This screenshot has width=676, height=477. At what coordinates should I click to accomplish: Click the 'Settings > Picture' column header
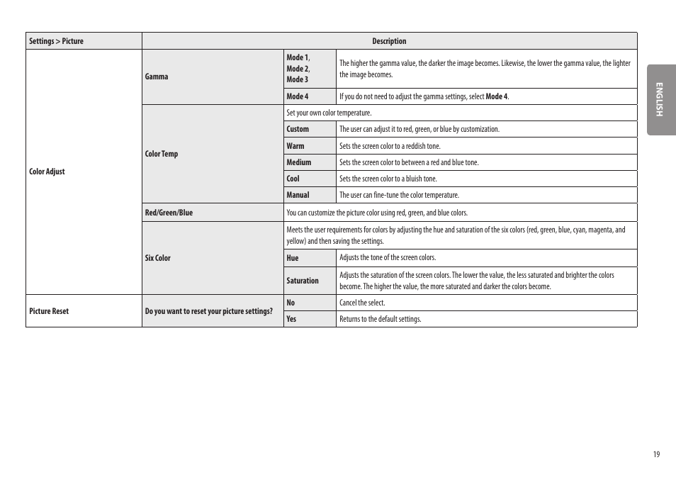pos(56,41)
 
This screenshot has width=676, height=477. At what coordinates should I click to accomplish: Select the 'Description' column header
pos(389,41)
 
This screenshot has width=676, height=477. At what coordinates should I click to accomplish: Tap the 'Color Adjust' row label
pos(47,172)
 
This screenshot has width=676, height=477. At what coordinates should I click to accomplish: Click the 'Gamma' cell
pos(157,77)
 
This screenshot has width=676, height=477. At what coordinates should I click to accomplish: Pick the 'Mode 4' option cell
pos(298,96)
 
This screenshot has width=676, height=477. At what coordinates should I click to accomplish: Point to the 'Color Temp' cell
pos(162,154)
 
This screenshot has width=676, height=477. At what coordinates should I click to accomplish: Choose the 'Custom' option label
pos(298,129)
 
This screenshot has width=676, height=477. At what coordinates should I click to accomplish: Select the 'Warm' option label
pos(295,146)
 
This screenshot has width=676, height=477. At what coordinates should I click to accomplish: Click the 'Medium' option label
pos(298,162)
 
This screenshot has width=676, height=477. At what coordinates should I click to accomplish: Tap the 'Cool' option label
pos(293,179)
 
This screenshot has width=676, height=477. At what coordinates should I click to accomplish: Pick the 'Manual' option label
pos(298,195)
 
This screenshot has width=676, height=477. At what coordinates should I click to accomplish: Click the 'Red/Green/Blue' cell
pos(169,213)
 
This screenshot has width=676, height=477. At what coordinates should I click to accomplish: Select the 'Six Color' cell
pos(158,258)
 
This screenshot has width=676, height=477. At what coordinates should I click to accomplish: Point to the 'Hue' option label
pos(293,258)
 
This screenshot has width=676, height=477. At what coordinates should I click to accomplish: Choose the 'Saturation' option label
pos(303,281)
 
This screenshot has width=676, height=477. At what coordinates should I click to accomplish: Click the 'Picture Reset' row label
pos(49,311)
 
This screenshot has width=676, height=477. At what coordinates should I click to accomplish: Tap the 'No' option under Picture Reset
pos(291,303)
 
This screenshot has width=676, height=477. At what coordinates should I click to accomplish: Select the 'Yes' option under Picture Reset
pos(291,319)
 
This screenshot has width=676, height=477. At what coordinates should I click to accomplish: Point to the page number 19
pos(656,454)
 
